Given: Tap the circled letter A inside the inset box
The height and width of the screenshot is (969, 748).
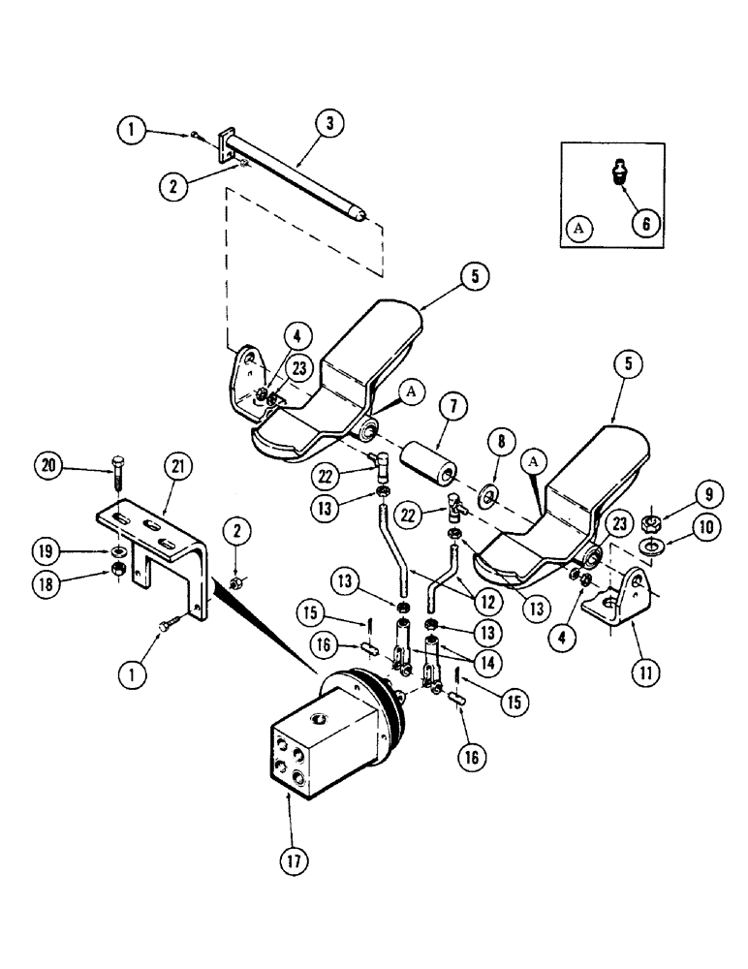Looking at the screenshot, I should click(x=579, y=228).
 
